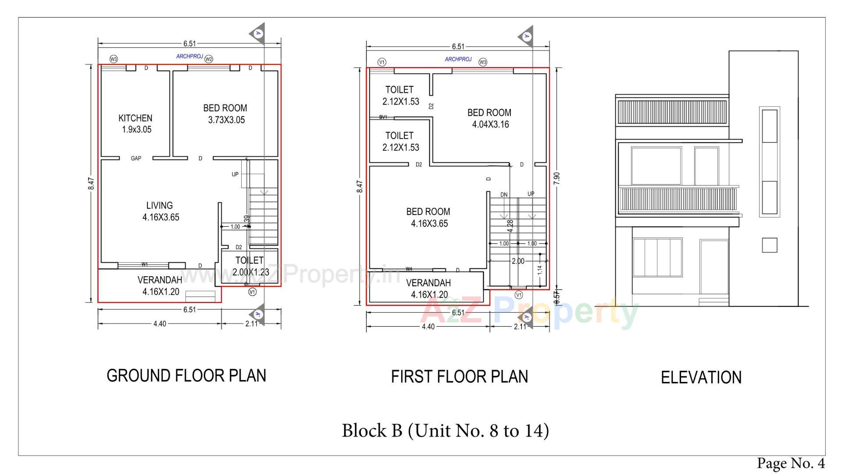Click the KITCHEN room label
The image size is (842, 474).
(x=135, y=124)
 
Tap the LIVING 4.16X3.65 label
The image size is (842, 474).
(x=160, y=211)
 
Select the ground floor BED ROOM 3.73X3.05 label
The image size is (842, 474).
(x=225, y=114)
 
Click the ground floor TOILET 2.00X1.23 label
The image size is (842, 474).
(x=250, y=266)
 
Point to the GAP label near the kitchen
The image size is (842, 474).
(x=136, y=158)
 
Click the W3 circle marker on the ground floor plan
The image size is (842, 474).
(x=114, y=59)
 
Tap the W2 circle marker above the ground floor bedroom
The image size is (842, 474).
(x=209, y=59)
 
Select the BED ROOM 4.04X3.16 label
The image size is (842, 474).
(x=489, y=118)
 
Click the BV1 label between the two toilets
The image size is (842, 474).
(x=383, y=117)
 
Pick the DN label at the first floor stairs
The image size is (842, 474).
(x=504, y=195)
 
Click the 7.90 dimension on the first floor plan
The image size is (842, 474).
(x=557, y=178)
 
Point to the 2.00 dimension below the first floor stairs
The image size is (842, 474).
(x=518, y=261)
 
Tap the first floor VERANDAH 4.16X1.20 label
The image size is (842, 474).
(x=428, y=289)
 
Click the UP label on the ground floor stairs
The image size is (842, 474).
(x=235, y=174)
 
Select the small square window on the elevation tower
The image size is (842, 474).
(x=769, y=245)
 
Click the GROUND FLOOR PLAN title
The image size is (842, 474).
(x=186, y=376)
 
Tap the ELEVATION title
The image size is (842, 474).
(x=701, y=378)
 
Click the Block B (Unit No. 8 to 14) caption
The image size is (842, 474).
(x=445, y=431)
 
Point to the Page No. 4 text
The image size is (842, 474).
(x=791, y=463)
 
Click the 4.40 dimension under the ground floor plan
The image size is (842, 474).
(x=160, y=324)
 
